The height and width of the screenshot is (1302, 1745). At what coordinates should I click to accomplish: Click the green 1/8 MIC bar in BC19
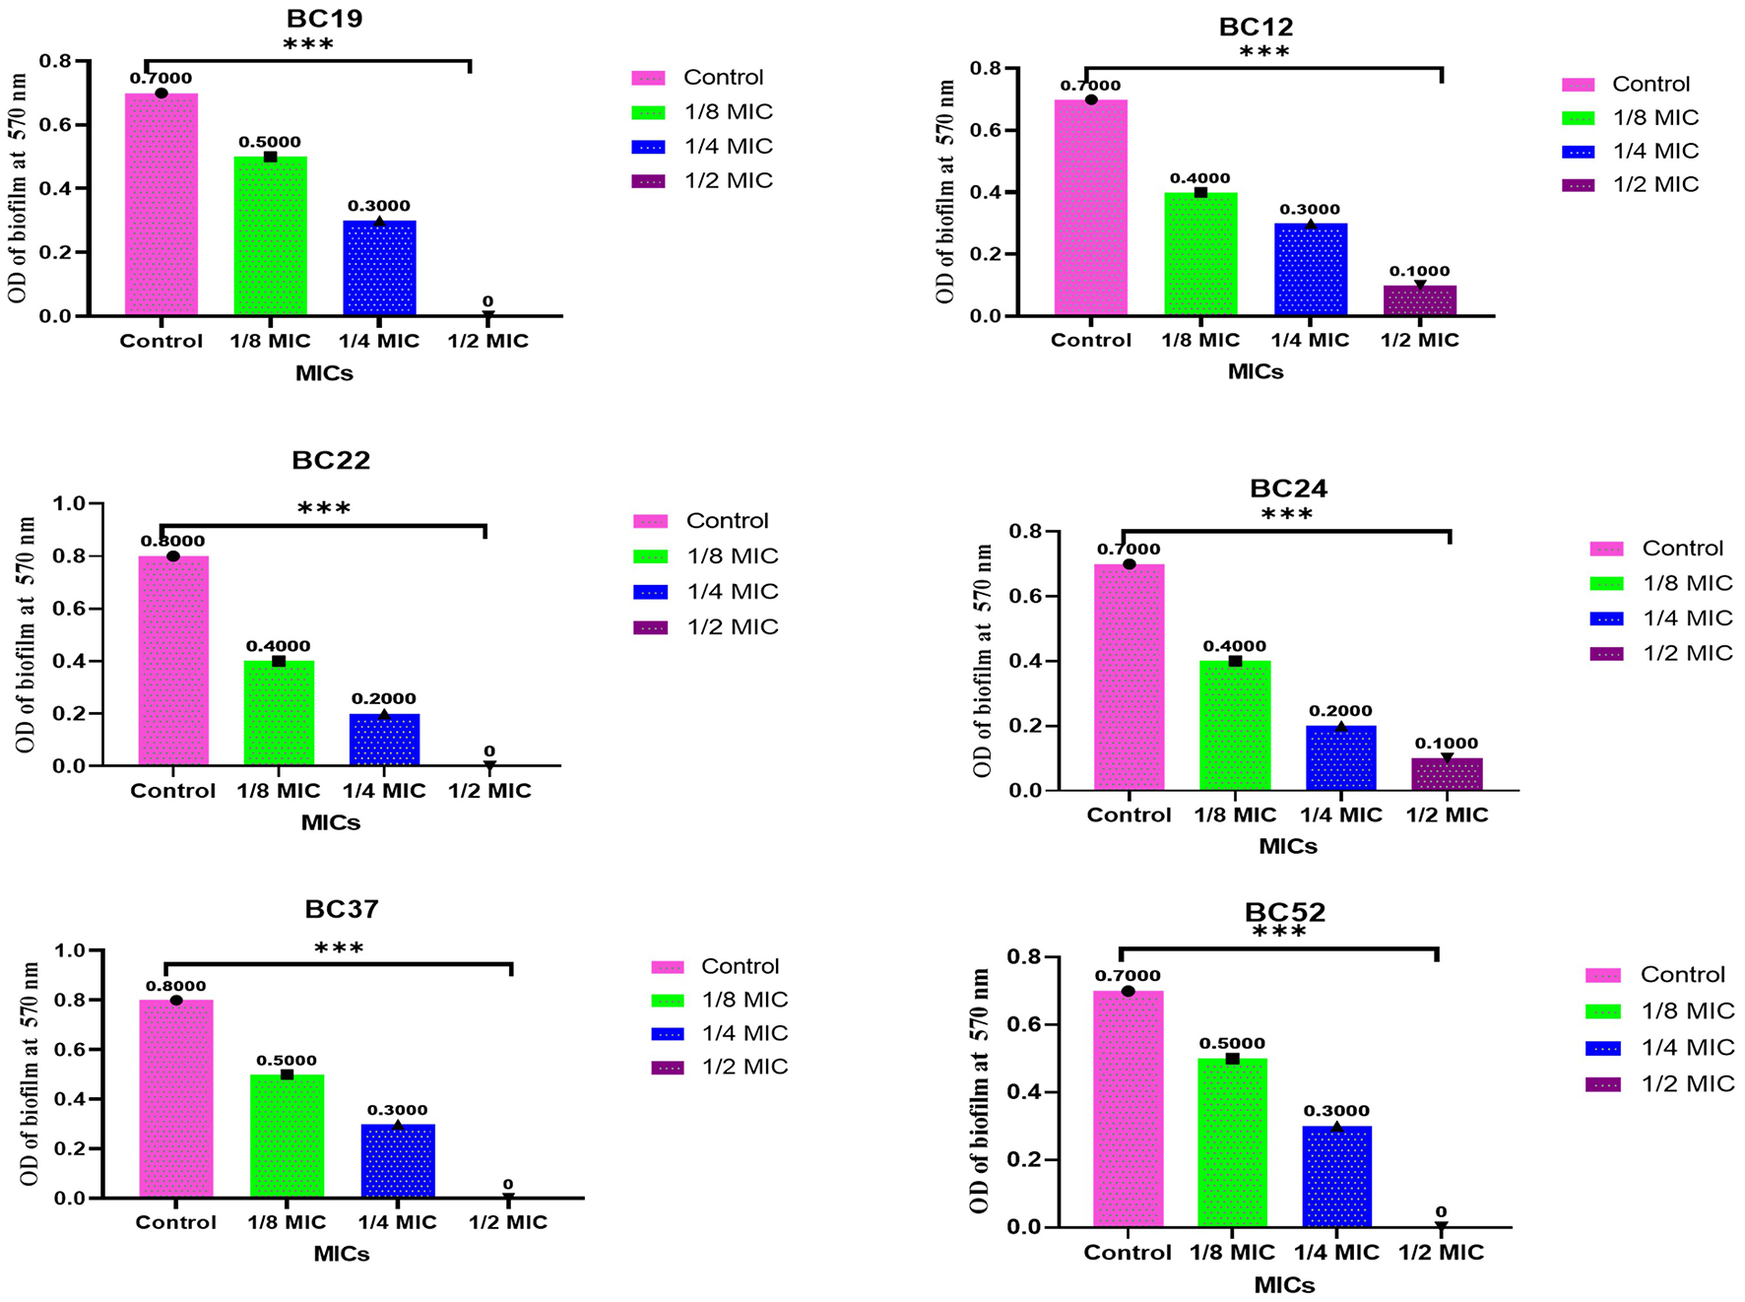click(x=270, y=236)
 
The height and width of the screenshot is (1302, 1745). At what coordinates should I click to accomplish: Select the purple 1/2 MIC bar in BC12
click(x=1419, y=300)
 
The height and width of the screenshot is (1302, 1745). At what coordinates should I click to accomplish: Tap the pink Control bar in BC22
click(x=173, y=660)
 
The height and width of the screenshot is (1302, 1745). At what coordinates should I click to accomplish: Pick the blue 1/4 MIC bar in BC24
click(x=1340, y=757)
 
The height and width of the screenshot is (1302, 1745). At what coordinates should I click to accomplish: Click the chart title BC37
click(x=341, y=908)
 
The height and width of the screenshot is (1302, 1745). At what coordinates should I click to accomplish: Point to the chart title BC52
click(x=1284, y=912)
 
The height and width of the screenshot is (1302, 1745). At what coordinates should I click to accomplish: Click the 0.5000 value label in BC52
click(x=1231, y=1043)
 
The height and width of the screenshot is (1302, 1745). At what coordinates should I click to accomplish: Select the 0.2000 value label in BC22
click(x=383, y=698)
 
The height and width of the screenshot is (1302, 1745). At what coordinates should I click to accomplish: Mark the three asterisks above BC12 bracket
click(x=1263, y=52)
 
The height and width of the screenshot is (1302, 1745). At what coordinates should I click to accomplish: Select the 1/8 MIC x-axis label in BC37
click(x=286, y=1222)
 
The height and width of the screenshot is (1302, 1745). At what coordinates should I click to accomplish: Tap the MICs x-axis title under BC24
click(x=1287, y=846)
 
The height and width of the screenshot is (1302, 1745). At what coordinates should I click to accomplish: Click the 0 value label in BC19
click(x=487, y=301)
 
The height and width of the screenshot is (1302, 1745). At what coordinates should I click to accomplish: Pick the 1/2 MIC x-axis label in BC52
click(x=1441, y=1253)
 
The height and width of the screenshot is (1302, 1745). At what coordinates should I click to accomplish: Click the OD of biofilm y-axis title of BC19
click(x=18, y=187)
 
